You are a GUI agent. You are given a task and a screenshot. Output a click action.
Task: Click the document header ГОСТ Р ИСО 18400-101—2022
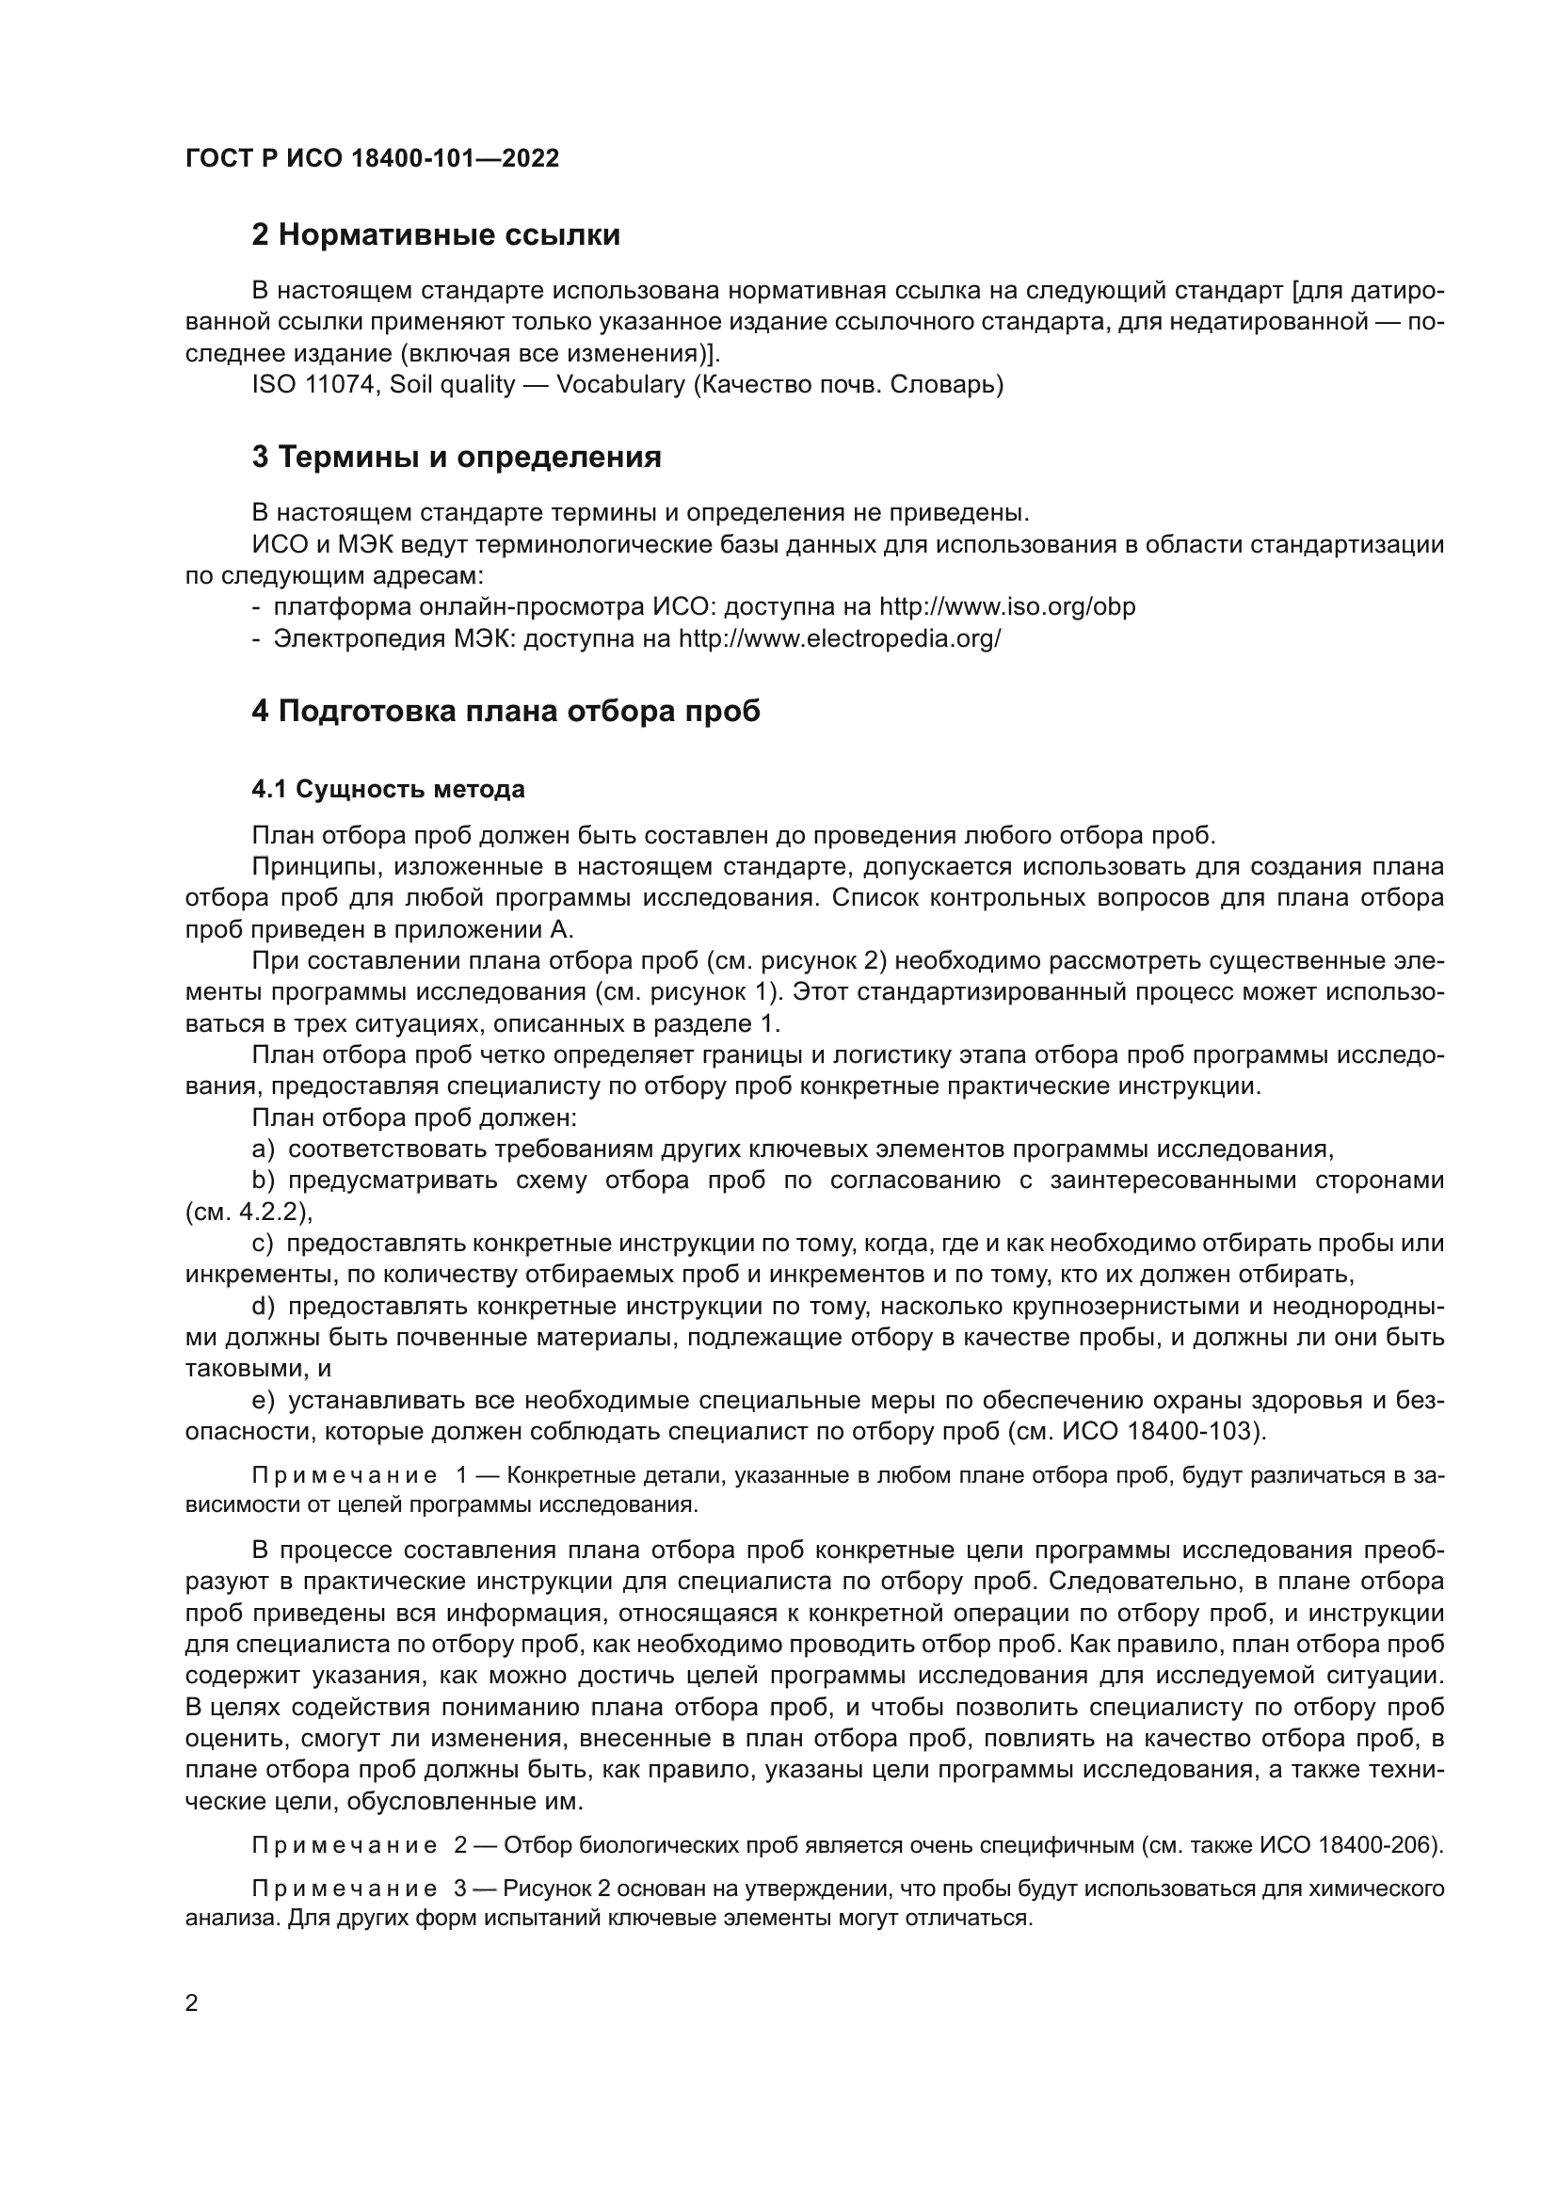point(372,159)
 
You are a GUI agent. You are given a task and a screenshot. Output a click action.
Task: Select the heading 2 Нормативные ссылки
point(435,235)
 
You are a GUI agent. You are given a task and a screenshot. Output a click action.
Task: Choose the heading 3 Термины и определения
point(457,458)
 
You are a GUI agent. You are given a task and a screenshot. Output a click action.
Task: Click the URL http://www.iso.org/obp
point(1006,607)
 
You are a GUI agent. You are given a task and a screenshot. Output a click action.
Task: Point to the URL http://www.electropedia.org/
point(839,638)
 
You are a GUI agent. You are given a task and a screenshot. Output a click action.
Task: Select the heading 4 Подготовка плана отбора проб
point(506,712)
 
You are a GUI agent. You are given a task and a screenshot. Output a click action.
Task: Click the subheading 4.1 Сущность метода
point(388,789)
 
